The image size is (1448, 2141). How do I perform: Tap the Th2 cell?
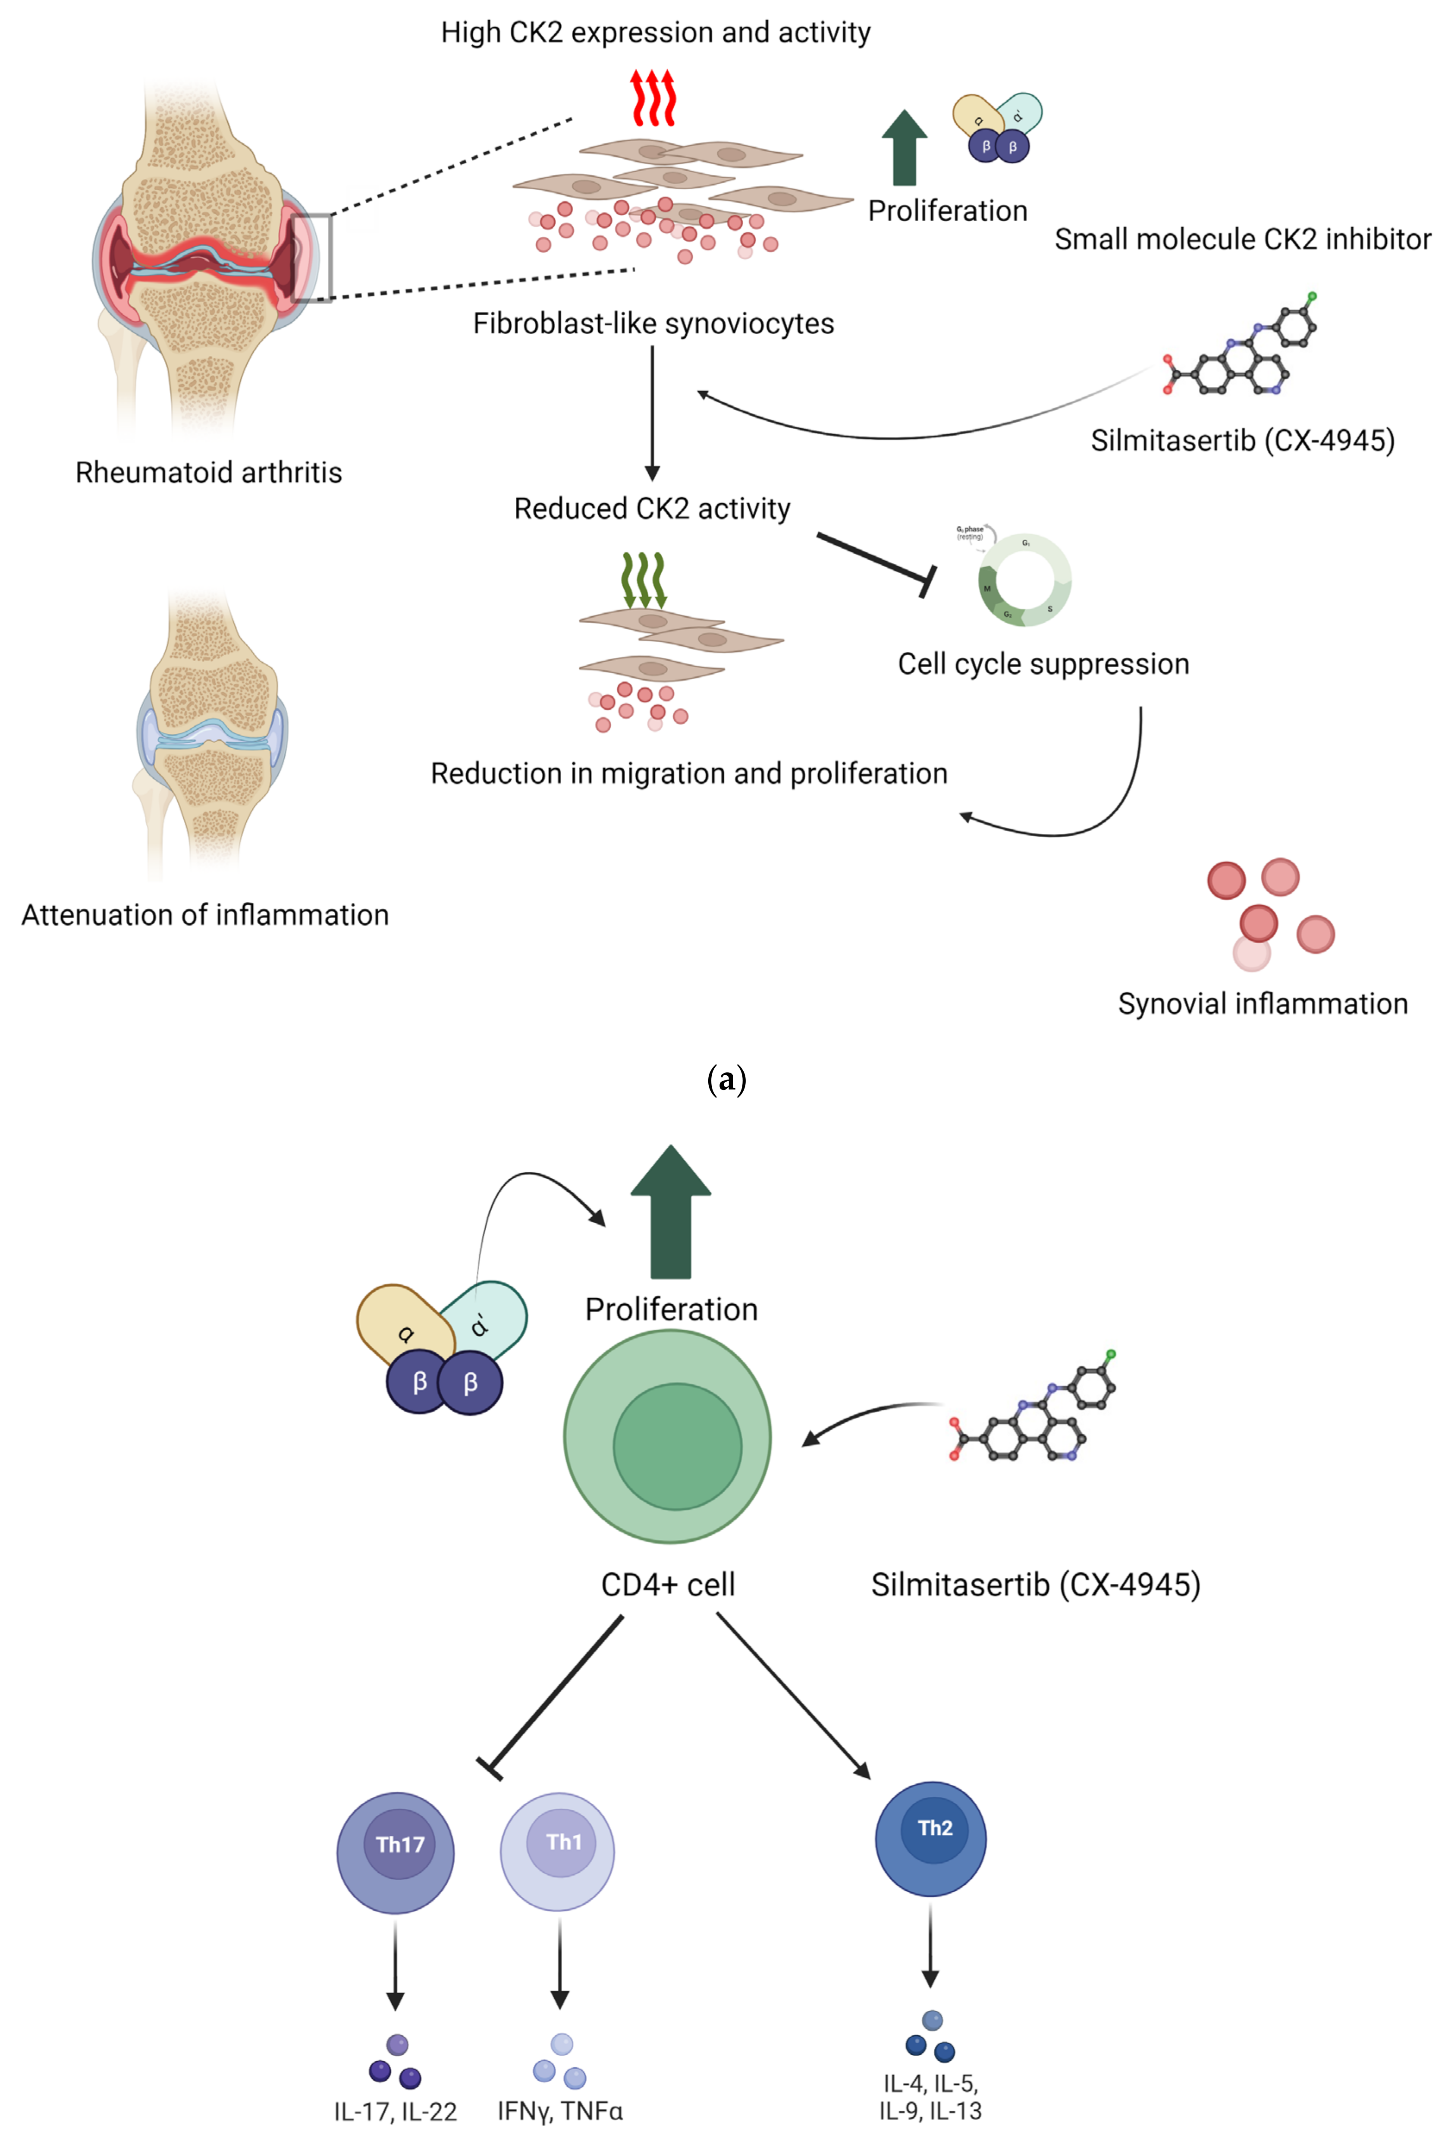coord(930,1838)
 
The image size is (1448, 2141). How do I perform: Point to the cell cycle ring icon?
coord(1024,581)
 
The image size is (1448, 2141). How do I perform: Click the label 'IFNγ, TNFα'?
coord(560,2111)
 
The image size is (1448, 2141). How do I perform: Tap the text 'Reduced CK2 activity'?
coord(652,509)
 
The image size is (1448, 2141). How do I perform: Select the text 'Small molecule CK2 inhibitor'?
coord(1243,239)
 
